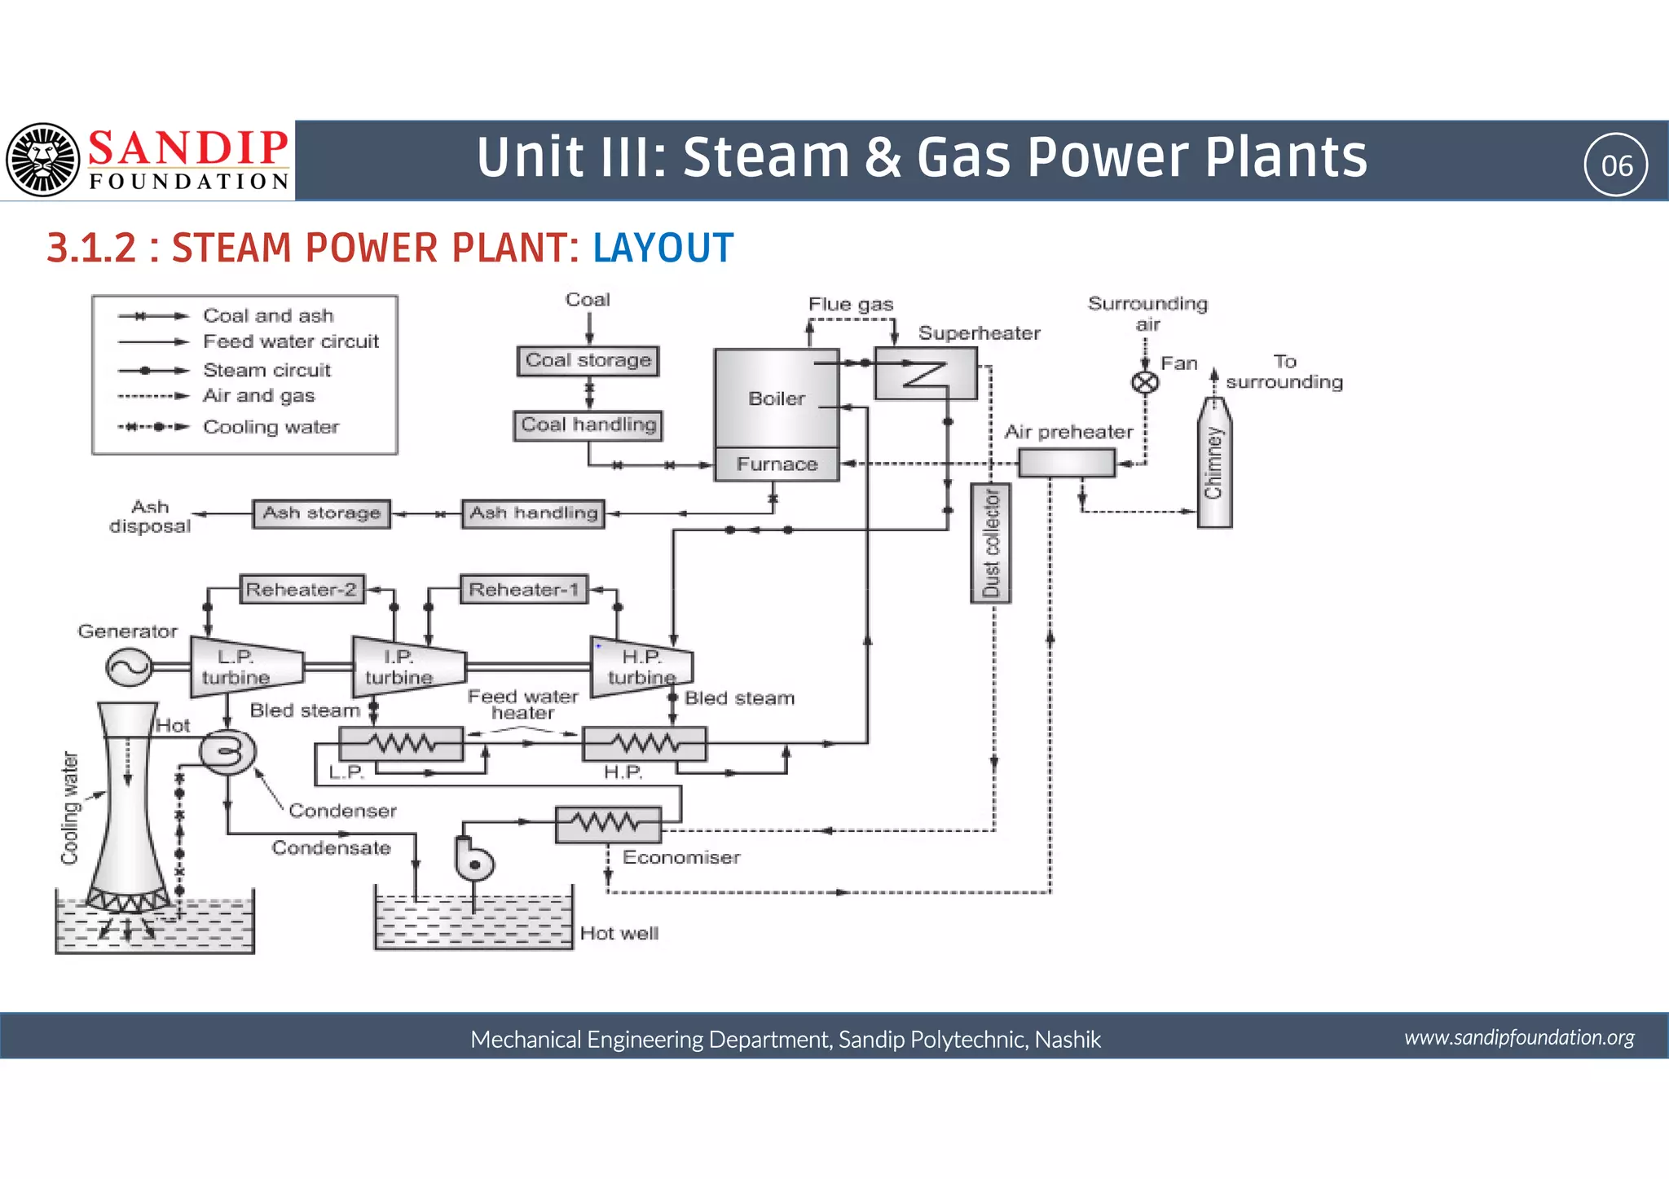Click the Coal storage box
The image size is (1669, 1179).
(588, 360)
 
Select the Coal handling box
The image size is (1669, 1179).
(588, 425)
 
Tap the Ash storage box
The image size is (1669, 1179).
(321, 513)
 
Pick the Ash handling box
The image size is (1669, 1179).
(533, 513)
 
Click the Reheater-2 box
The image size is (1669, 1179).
(302, 589)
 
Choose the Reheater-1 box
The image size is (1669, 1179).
(523, 589)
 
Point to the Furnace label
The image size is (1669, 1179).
(777, 464)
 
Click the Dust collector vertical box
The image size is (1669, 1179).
(990, 543)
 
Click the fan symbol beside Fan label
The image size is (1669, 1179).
(1145, 382)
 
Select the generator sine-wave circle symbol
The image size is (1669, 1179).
(129, 666)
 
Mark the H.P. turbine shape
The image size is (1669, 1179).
(641, 666)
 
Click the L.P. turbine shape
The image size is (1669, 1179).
(244, 666)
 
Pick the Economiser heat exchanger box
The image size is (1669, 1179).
(608, 825)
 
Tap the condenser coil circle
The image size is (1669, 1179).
(227, 750)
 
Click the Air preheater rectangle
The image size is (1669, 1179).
(1066, 463)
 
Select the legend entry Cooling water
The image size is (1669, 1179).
(271, 427)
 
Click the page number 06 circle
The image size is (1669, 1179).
(1616, 165)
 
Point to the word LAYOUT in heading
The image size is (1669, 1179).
(663, 248)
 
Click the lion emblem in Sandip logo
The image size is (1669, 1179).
(43, 160)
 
